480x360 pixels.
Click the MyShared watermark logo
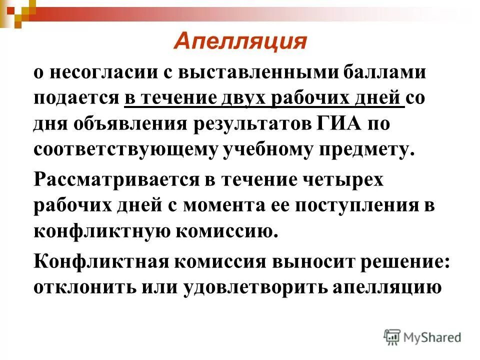tap(422, 337)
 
